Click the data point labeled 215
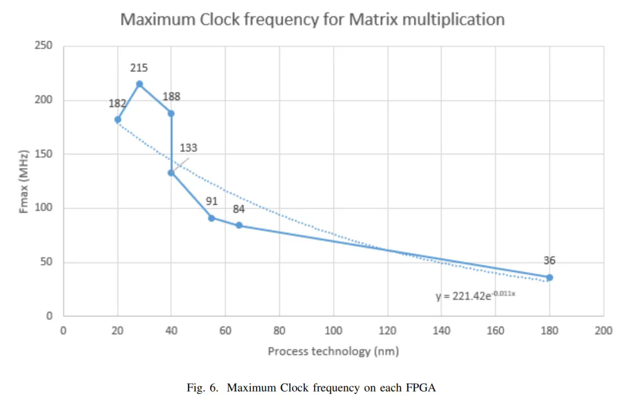[x=139, y=84]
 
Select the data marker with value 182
[x=118, y=119]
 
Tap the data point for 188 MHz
[x=171, y=113]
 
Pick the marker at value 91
[x=211, y=218]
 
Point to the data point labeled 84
[x=239, y=225]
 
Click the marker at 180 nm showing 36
[x=549, y=278]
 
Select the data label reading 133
[x=189, y=148]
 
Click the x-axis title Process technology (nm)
[x=333, y=351]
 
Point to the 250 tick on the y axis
[x=44, y=46]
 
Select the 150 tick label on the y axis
[x=44, y=154]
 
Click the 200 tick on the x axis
[x=603, y=331]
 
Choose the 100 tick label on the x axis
[x=333, y=331]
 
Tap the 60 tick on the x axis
[x=225, y=331]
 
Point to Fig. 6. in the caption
[x=204, y=387]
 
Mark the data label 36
[x=549, y=261]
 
